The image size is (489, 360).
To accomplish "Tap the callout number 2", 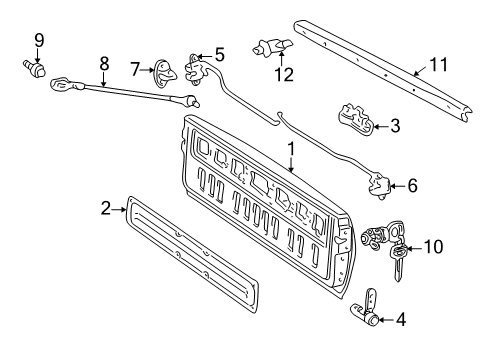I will (106, 209).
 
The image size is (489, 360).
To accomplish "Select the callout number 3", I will (395, 126).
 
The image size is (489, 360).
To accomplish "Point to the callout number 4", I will (400, 321).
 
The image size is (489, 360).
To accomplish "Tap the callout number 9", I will (39, 40).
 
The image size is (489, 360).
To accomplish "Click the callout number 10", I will (432, 246).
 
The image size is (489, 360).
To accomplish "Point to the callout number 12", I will (286, 74).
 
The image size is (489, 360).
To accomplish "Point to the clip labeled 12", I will (271, 45).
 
